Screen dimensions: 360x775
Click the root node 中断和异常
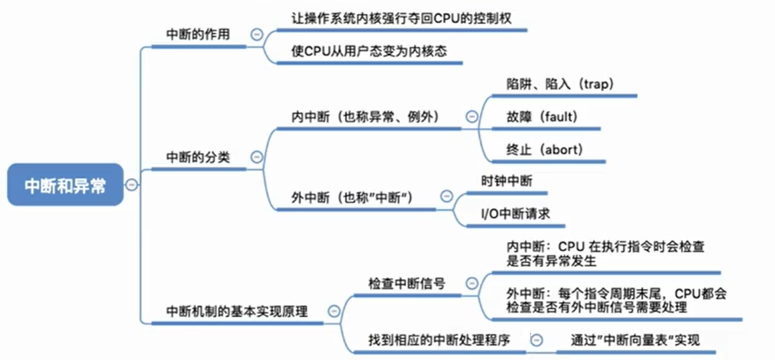pyautogui.click(x=65, y=186)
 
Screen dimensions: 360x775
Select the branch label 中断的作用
pyautogui.click(x=197, y=35)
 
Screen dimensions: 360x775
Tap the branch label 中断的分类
pyautogui.click(x=197, y=157)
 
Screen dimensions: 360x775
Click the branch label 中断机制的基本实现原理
pyautogui.click(x=237, y=312)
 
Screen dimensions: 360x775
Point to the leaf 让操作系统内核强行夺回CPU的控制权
pyautogui.click(x=401, y=18)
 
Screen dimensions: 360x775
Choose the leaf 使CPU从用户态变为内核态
pyautogui.click(x=370, y=51)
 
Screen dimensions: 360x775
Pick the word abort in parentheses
pyautogui.click(x=563, y=150)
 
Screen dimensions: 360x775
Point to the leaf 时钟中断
pyautogui.click(x=507, y=181)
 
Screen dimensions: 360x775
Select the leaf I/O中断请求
pyautogui.click(x=516, y=214)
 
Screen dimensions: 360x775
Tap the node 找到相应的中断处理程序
pyautogui.click(x=439, y=340)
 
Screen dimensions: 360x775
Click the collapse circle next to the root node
pyautogui.click(x=131, y=185)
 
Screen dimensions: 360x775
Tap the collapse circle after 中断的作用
pyautogui.click(x=257, y=35)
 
